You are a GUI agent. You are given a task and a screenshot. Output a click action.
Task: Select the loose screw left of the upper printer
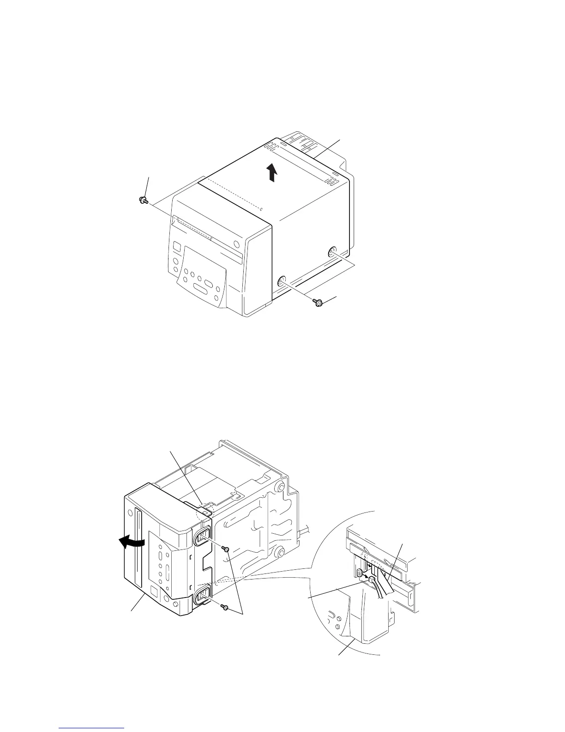(142, 200)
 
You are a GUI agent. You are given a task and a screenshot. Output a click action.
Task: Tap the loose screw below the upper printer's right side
(318, 302)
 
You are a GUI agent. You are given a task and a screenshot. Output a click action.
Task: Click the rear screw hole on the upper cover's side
(332, 252)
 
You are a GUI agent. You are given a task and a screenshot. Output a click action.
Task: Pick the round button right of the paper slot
(236, 244)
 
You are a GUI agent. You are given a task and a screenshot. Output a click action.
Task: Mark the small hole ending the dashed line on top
(261, 209)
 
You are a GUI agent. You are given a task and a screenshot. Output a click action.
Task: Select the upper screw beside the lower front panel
(225, 548)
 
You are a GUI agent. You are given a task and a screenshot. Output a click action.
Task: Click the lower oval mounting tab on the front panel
(202, 597)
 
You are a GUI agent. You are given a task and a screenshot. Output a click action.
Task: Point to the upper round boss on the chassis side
(280, 489)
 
